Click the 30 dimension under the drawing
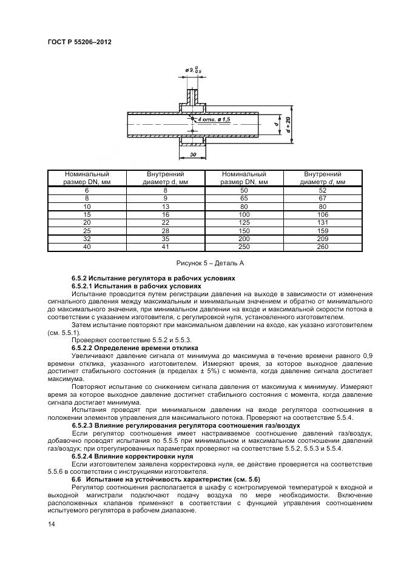[193, 155]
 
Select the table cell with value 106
[322, 214]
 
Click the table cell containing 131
[322, 222]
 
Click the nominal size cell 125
[243, 222]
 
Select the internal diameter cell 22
[165, 222]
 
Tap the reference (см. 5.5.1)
[67, 333]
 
